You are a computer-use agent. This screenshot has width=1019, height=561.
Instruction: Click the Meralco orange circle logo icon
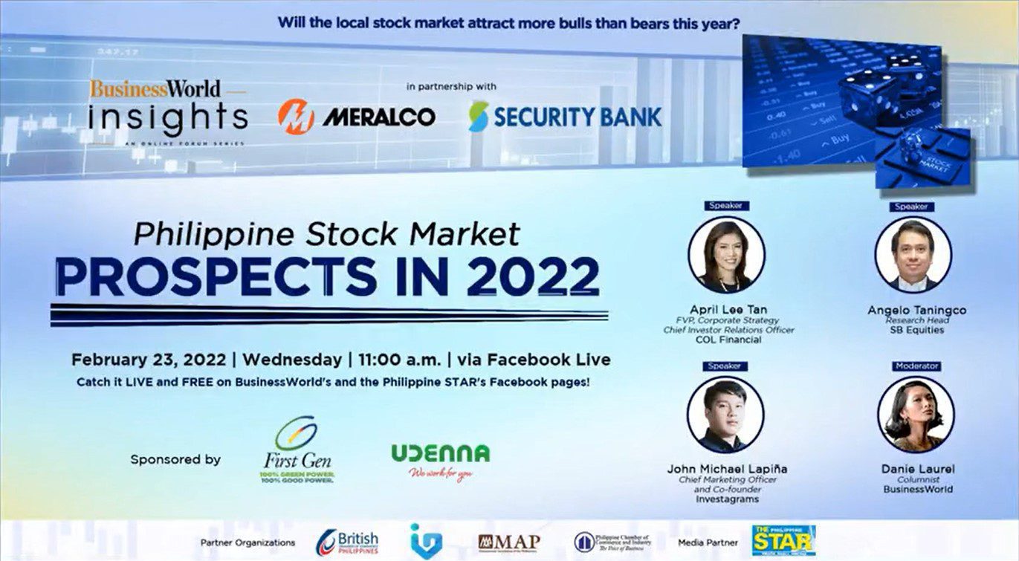(296, 117)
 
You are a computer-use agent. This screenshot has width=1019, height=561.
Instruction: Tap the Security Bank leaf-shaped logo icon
(479, 117)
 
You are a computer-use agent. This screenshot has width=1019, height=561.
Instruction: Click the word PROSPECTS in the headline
(216, 276)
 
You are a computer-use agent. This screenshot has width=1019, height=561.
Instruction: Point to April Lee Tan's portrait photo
(726, 255)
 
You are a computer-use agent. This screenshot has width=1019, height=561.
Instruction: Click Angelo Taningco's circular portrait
(913, 255)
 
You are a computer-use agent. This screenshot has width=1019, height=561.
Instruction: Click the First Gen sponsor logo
(297, 450)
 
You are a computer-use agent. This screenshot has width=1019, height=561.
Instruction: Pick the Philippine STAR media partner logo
(783, 540)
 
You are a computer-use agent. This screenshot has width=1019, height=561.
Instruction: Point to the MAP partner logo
(509, 542)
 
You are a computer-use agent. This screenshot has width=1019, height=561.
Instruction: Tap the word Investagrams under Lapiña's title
(727, 499)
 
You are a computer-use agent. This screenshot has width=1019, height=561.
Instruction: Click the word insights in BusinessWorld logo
(168, 117)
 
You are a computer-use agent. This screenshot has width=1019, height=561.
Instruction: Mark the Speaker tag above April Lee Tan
(726, 206)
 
